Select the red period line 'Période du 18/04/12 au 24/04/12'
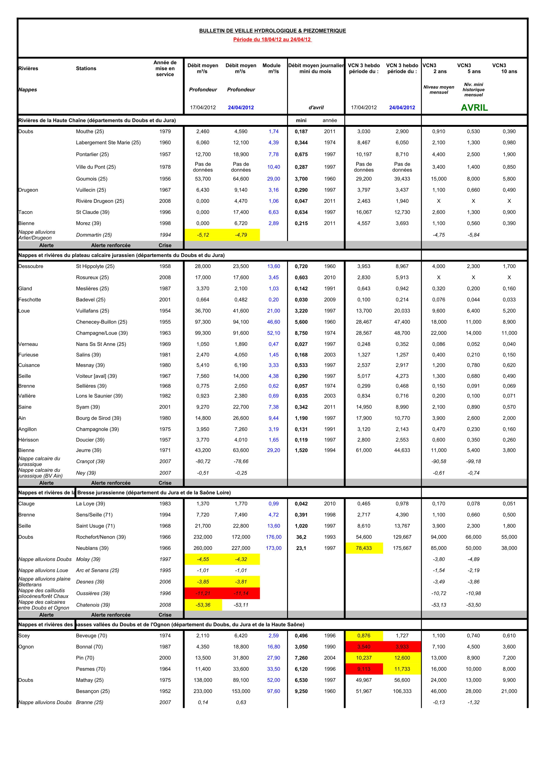pos(272,40)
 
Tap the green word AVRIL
pos(474,108)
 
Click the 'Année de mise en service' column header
pos(165,69)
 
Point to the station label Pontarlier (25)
pos(92,155)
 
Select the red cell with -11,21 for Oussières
pos(203,593)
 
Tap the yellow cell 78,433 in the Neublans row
pos(364,548)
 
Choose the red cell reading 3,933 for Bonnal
pos(402,647)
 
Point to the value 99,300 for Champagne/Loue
pos(203,333)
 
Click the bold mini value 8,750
pos(301,333)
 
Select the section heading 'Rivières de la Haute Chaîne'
pos(97,120)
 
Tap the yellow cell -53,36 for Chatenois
pos(203,605)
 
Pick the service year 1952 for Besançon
pos(165,691)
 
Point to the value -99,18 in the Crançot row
pos(473,461)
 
